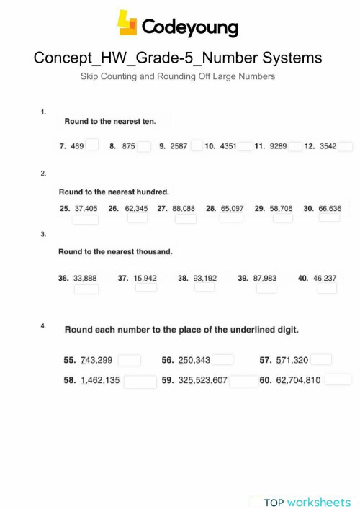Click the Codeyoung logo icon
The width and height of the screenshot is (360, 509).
(x=127, y=23)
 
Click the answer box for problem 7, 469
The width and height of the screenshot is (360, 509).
(x=92, y=145)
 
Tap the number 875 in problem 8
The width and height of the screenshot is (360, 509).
(x=129, y=146)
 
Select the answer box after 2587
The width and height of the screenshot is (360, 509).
(x=197, y=146)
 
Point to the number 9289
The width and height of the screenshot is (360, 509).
(x=278, y=146)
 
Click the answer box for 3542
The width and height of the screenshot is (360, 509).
(x=346, y=146)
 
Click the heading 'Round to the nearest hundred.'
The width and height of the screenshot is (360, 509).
(x=114, y=192)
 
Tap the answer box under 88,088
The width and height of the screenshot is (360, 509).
(x=186, y=219)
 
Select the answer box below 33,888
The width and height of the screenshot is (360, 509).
(x=86, y=289)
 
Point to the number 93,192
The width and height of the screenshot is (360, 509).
(x=205, y=277)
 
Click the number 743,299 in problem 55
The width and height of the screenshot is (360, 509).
(x=96, y=360)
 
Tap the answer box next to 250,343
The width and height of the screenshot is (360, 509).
(x=222, y=360)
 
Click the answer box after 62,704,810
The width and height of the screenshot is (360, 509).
(x=338, y=379)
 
